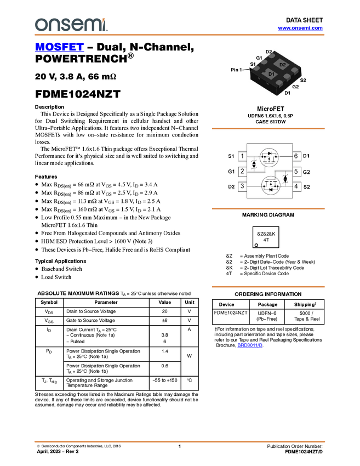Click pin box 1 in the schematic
coord(242,156)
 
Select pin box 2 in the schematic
coord(242,171)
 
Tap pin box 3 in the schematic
coord(242,186)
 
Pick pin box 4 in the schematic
coord(296,186)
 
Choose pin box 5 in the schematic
coord(296,172)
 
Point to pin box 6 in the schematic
coord(296,156)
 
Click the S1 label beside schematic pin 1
coord(231,156)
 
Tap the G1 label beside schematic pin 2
coord(231,172)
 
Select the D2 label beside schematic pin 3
coord(231,186)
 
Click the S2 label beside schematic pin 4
coord(307,186)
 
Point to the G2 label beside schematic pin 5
coord(307,172)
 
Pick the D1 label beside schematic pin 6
coord(306,156)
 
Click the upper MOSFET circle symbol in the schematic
coord(269,157)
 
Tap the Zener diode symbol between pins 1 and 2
coord(253,164)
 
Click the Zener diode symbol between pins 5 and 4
coord(285,179)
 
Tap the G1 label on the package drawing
coord(259,58)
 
